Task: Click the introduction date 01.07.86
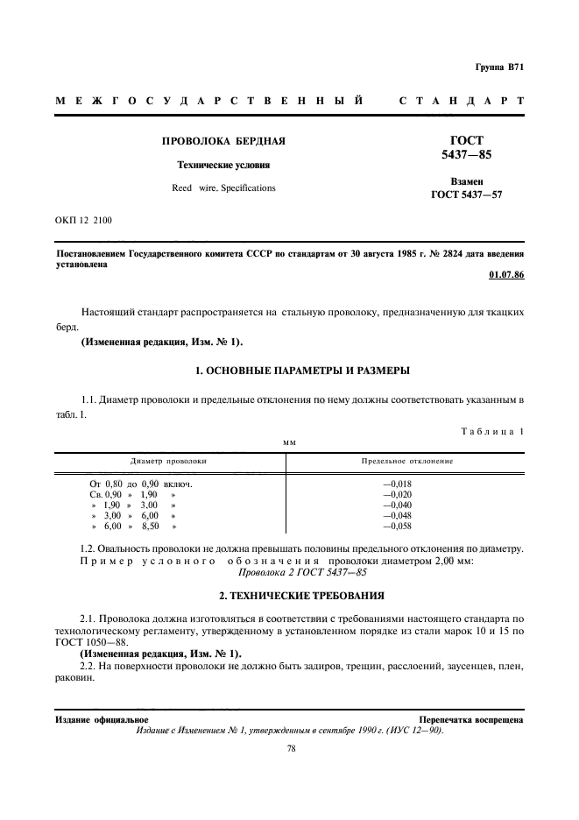505,275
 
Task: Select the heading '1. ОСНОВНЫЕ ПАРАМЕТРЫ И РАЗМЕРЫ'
289,371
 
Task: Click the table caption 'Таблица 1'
491,430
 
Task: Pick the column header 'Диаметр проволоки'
168,460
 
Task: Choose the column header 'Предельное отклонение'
406,460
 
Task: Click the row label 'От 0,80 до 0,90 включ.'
140,484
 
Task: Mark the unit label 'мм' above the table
289,443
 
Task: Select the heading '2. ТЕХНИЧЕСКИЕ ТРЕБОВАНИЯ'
289,596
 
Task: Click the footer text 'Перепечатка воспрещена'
470,719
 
